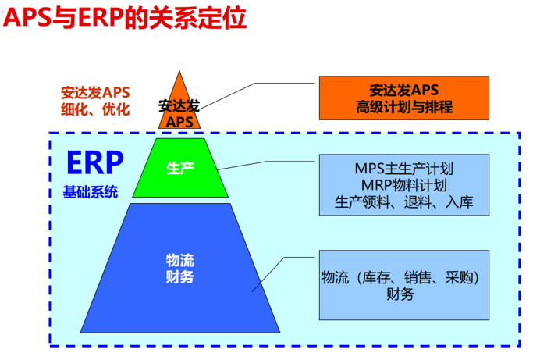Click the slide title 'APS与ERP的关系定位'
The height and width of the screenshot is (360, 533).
[x=124, y=17]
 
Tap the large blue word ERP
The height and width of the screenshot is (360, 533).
[x=95, y=163]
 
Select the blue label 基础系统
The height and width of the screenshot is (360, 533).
[x=91, y=192]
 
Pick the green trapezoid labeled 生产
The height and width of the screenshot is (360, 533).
[x=180, y=168]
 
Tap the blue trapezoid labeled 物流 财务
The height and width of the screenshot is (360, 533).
[x=180, y=268]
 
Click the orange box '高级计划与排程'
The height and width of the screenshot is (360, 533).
[x=404, y=98]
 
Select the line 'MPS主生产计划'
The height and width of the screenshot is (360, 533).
[x=403, y=169]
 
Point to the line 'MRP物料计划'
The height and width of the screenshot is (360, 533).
[x=403, y=185]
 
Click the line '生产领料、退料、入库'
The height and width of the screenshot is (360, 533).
[x=403, y=202]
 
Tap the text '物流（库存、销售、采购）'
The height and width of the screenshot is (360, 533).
[x=400, y=278]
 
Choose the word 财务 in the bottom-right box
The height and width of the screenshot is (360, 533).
[x=400, y=294]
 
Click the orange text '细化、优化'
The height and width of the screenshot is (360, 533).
[x=95, y=109]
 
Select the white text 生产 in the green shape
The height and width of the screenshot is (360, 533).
[x=180, y=168]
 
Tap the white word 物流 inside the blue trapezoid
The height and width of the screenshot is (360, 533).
[x=179, y=261]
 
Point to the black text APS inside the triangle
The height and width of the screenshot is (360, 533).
[x=179, y=122]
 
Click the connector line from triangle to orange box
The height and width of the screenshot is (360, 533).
[x=255, y=83]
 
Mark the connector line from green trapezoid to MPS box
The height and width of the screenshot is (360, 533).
[x=266, y=162]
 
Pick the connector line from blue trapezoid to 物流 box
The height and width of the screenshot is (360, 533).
[x=284, y=258]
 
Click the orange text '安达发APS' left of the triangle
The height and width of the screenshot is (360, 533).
[x=95, y=93]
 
